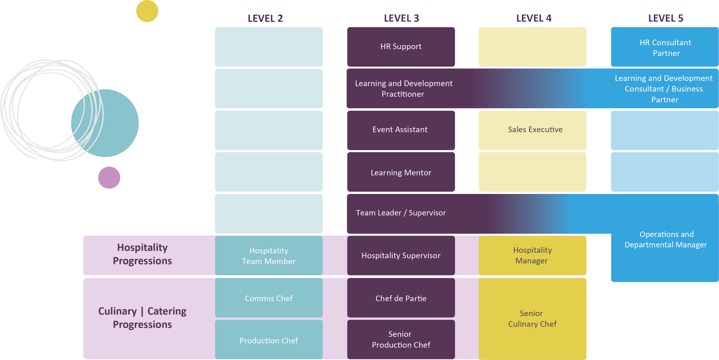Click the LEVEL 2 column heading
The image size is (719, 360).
(x=265, y=19)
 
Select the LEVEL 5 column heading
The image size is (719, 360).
(x=666, y=18)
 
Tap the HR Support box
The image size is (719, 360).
(x=401, y=47)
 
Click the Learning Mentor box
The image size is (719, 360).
(x=401, y=173)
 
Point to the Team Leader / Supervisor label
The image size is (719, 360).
(x=401, y=213)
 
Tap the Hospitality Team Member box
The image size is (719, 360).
(x=269, y=256)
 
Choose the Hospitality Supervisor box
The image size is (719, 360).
(x=401, y=256)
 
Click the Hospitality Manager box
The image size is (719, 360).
(x=532, y=256)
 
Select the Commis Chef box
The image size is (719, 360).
(x=269, y=298)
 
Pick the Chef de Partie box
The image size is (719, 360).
(x=401, y=298)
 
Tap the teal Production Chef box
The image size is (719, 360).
(x=269, y=341)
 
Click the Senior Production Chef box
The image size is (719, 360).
(x=401, y=340)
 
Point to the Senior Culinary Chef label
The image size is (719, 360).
(x=532, y=319)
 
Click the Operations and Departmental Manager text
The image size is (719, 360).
(x=666, y=239)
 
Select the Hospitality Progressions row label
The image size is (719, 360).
(x=142, y=254)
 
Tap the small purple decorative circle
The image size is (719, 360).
(x=109, y=178)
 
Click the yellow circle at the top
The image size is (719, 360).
(x=147, y=11)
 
